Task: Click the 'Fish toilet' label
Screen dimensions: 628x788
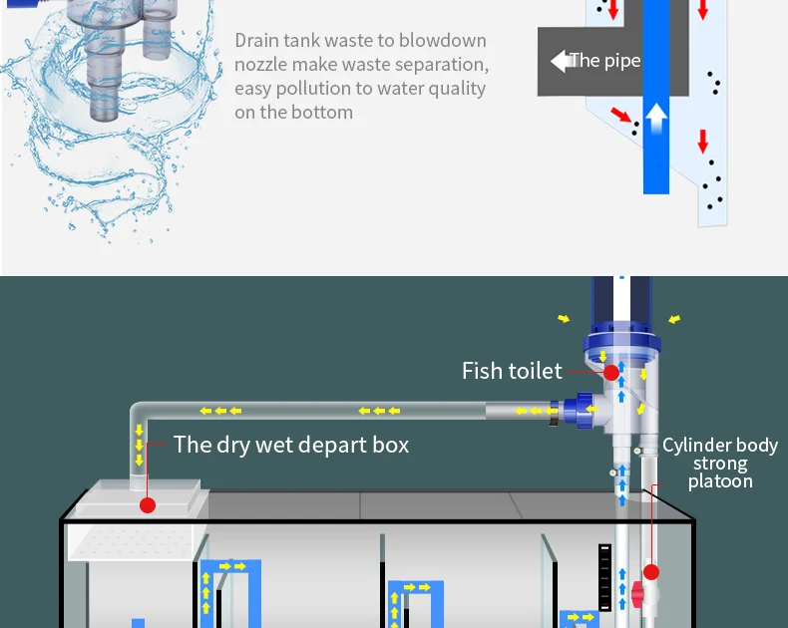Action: (512, 371)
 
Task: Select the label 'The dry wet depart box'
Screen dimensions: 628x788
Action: (291, 445)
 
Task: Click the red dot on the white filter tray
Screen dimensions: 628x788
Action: (148, 505)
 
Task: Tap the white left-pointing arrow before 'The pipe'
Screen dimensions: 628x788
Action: (559, 61)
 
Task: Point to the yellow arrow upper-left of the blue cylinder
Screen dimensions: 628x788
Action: (565, 319)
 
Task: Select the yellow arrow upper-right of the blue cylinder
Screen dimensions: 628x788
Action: (675, 319)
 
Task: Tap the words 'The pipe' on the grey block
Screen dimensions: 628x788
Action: (604, 61)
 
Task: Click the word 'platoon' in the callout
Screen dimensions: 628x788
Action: (720, 482)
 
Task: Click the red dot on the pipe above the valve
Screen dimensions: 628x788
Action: (651, 572)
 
